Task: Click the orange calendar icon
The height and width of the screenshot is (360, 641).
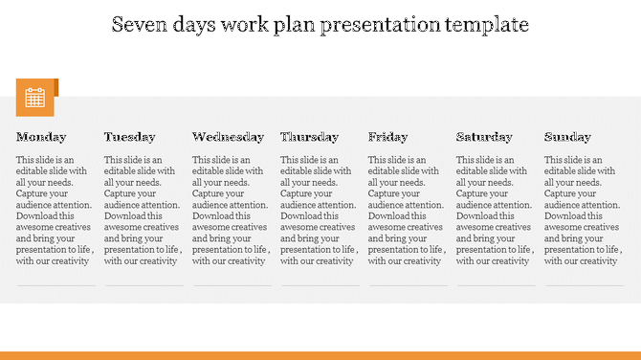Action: [35, 97]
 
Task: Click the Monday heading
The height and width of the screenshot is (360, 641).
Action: [41, 137]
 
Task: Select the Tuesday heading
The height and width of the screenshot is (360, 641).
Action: [129, 137]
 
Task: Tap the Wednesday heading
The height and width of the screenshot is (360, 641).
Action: [228, 137]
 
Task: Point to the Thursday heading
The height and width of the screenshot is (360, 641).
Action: [309, 137]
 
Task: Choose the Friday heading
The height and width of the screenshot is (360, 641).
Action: [387, 137]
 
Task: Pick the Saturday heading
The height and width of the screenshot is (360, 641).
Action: [484, 137]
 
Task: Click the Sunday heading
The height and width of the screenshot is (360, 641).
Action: [567, 137]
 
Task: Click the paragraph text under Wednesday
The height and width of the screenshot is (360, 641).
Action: [231, 211]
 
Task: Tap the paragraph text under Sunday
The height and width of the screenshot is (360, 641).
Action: [582, 211]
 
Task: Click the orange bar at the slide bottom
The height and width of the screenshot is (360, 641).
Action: [320, 354]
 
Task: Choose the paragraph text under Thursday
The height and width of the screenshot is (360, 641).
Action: [319, 211]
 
